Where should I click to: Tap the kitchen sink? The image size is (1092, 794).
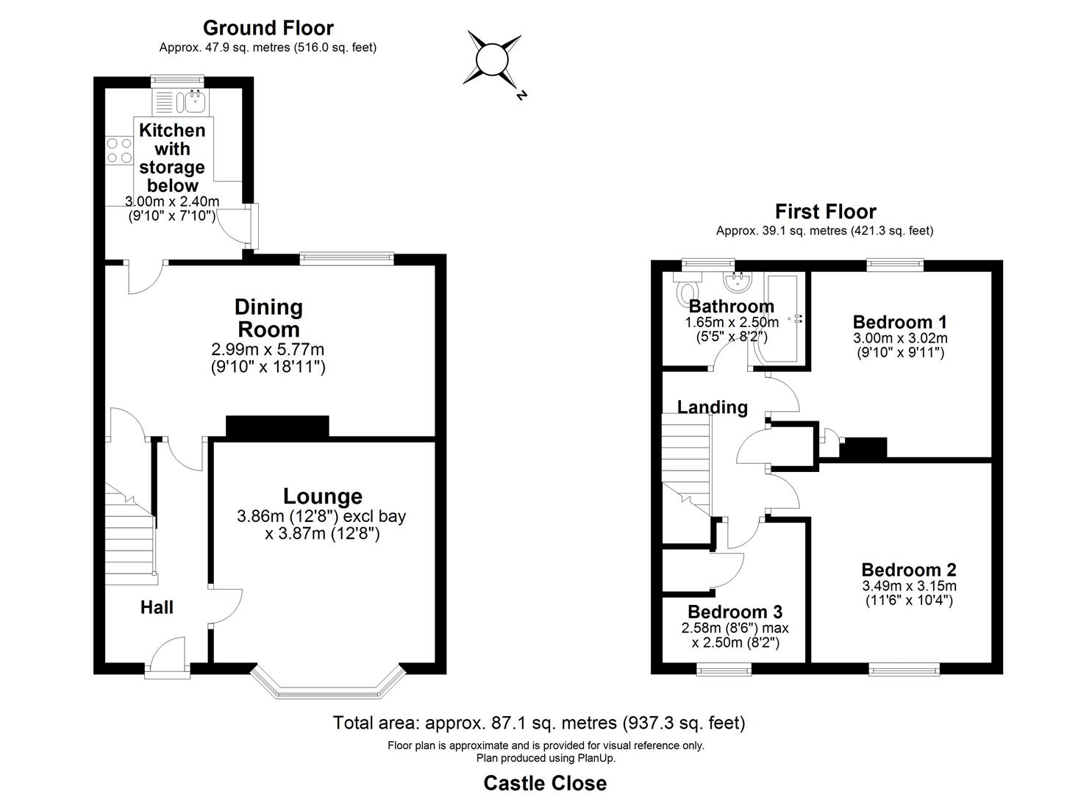pyautogui.click(x=195, y=101)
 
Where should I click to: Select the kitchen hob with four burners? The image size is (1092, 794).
pyautogui.click(x=118, y=151)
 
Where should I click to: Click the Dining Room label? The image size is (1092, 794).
pyautogui.click(x=268, y=318)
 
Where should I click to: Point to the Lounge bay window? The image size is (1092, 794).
pyautogui.click(x=327, y=682)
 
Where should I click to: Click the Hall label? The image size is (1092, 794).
pyautogui.click(x=157, y=607)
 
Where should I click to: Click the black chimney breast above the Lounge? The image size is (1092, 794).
pyautogui.click(x=276, y=427)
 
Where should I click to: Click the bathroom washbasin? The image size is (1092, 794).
pyautogui.click(x=737, y=282)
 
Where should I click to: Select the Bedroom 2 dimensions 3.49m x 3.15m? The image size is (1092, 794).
pyautogui.click(x=909, y=586)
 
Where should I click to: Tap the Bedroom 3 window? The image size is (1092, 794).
pyautogui.click(x=724, y=668)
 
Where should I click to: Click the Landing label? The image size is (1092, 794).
pyautogui.click(x=712, y=407)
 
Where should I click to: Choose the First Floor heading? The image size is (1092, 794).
pyautogui.click(x=826, y=212)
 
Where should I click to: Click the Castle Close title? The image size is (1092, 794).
pyautogui.click(x=545, y=783)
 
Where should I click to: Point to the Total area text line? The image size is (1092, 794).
pyautogui.click(x=539, y=723)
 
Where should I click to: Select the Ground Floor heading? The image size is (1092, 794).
pyautogui.click(x=268, y=28)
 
